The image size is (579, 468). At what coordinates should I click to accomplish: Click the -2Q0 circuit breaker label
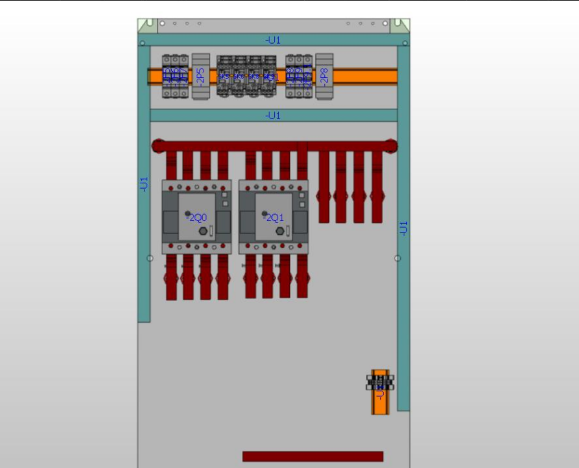coord(197,218)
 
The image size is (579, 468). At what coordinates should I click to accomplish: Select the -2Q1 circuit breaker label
coord(273,218)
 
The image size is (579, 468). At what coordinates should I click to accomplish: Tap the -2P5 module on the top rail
coord(200,76)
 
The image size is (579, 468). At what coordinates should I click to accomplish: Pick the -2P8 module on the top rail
coord(324,76)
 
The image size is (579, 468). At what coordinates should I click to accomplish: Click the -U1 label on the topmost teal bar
coord(273,40)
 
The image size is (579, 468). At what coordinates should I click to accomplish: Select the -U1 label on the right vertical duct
coord(404,229)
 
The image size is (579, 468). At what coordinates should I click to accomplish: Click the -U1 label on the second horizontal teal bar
coord(273,116)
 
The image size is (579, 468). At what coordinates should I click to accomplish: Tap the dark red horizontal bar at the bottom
coord(312,456)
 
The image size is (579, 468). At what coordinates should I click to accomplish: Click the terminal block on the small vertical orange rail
coord(380,383)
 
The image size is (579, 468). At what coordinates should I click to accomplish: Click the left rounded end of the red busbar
coord(158,146)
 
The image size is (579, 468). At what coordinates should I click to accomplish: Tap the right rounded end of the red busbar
coord(391,146)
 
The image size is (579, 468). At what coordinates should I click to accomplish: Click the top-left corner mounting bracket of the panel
coord(147,25)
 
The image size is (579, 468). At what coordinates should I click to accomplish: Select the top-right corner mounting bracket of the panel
coord(400,25)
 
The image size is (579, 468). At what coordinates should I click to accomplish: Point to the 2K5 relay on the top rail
coord(224,77)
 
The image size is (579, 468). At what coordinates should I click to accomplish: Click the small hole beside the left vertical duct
coord(150,258)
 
